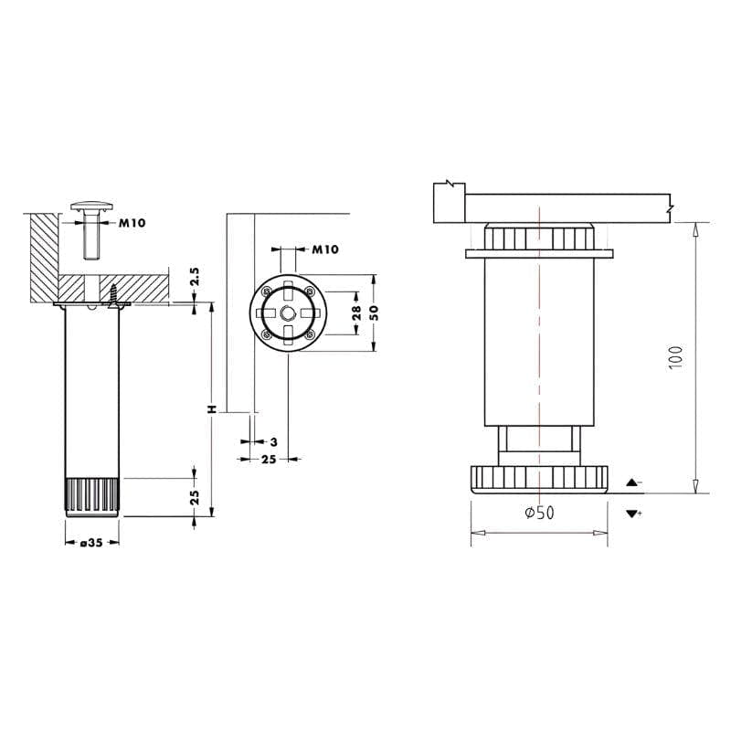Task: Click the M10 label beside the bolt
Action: [132, 223]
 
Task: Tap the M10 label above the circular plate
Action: [325, 249]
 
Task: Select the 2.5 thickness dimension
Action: [195, 277]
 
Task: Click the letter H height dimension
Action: [212, 409]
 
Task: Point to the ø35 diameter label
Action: [91, 543]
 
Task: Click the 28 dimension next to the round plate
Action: [356, 313]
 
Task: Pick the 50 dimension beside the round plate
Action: [374, 313]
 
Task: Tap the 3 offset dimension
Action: [273, 441]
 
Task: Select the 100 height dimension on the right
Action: [675, 357]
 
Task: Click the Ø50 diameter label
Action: [539, 513]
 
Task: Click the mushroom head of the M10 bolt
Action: [92, 206]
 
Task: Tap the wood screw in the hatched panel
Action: [113, 296]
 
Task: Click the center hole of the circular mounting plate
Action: [288, 313]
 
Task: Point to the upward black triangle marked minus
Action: [632, 482]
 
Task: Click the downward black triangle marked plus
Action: [632, 514]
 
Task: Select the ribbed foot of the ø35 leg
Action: [92, 496]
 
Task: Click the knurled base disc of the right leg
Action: [539, 480]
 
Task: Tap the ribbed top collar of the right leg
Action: [539, 237]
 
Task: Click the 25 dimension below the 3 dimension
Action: [269, 460]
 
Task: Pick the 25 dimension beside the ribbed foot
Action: [195, 497]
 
